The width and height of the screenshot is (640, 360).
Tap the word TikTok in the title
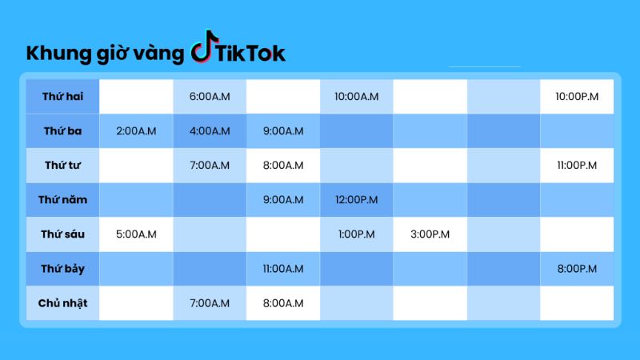tap(250, 54)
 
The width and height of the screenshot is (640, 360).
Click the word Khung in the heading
tap(58, 54)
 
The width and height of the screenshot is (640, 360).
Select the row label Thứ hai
tap(63, 96)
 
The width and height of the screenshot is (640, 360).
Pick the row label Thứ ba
tap(63, 131)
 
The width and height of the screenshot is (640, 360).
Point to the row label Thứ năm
tap(63, 199)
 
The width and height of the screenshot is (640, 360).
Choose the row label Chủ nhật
tap(63, 303)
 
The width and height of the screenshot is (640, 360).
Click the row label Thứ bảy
tap(63, 269)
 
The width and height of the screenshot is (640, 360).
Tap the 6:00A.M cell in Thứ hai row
tap(210, 97)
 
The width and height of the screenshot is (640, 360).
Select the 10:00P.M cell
tap(577, 97)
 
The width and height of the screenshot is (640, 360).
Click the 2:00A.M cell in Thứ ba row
tap(136, 131)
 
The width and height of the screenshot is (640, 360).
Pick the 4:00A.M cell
tap(210, 131)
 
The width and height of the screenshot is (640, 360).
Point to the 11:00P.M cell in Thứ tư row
tap(577, 166)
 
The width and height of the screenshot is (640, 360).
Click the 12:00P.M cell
tap(356, 199)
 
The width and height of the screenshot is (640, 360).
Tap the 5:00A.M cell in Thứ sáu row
tap(136, 234)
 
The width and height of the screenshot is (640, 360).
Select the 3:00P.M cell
tap(430, 234)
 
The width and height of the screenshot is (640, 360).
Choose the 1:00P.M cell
tap(356, 234)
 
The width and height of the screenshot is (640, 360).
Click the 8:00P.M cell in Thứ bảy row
tap(577, 269)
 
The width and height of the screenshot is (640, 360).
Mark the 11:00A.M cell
tap(283, 269)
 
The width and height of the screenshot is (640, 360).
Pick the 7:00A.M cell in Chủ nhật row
tap(210, 303)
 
